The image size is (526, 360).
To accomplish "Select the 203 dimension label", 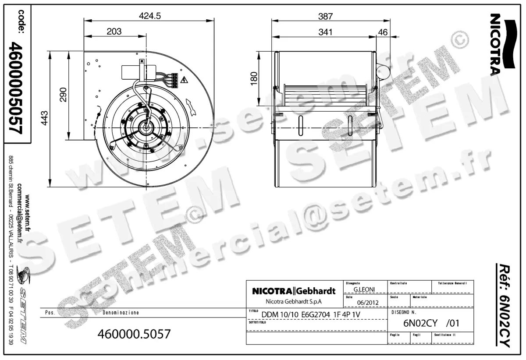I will pyautogui.click(x=114, y=32).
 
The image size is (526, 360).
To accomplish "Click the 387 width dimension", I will pyautogui.click(x=325, y=16).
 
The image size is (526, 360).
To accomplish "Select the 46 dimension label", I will pyautogui.click(x=383, y=32).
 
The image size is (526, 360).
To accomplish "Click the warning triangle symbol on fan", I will pyautogui.click(x=185, y=80).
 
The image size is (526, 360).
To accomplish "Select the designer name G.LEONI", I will pyautogui.click(x=363, y=289).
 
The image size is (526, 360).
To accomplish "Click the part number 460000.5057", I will pyautogui.click(x=135, y=334).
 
